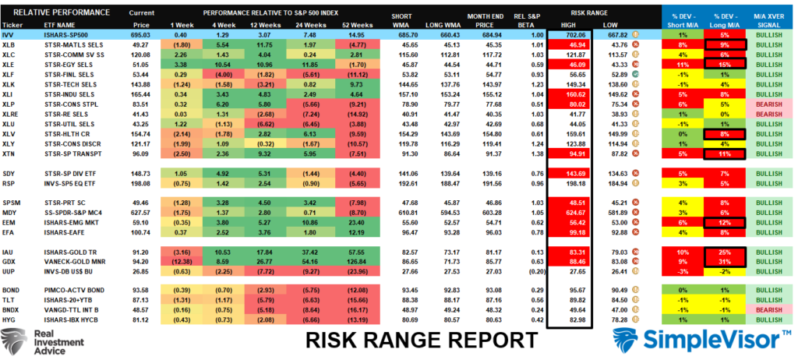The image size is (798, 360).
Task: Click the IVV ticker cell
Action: coord(10,36)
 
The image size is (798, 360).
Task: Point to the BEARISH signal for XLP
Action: coord(773,104)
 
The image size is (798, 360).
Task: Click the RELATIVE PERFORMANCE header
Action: coord(48,13)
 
